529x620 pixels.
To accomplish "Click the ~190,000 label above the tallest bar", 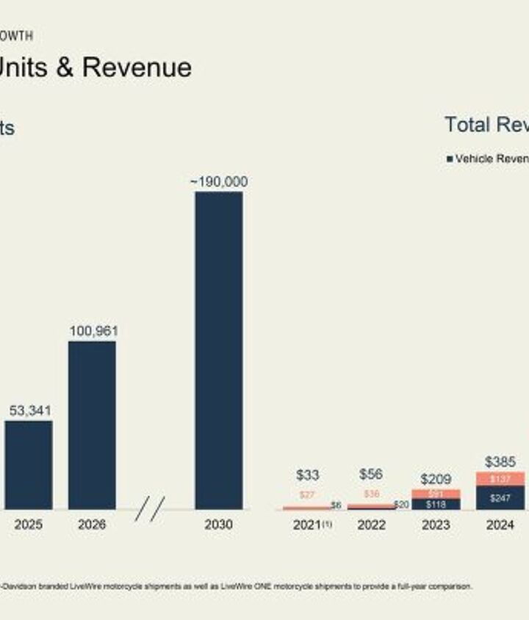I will [x=219, y=181].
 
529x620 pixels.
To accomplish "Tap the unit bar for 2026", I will [x=92, y=425].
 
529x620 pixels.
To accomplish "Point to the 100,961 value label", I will [x=93, y=331].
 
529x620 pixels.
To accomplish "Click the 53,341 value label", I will [x=30, y=410].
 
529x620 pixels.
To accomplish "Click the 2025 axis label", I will [x=28, y=525].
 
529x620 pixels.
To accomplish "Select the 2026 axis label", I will [x=91, y=525].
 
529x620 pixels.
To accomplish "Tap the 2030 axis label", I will [x=218, y=525].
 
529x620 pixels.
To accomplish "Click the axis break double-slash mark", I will [x=150, y=508].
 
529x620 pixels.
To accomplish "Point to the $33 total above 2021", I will [x=307, y=475].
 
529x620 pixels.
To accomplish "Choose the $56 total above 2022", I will [x=371, y=474].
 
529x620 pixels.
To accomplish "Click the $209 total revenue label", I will [x=436, y=479].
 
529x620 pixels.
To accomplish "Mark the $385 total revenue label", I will [x=500, y=462].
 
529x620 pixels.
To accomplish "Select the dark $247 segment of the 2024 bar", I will [x=500, y=497].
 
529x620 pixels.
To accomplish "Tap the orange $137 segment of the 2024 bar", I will [x=500, y=478].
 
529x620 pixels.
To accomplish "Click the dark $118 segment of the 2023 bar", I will [x=436, y=504].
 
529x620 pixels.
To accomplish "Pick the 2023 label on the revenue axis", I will [x=436, y=525].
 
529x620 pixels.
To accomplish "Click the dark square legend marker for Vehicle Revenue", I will [x=450, y=158].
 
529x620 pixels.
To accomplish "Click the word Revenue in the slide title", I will [x=137, y=68].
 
